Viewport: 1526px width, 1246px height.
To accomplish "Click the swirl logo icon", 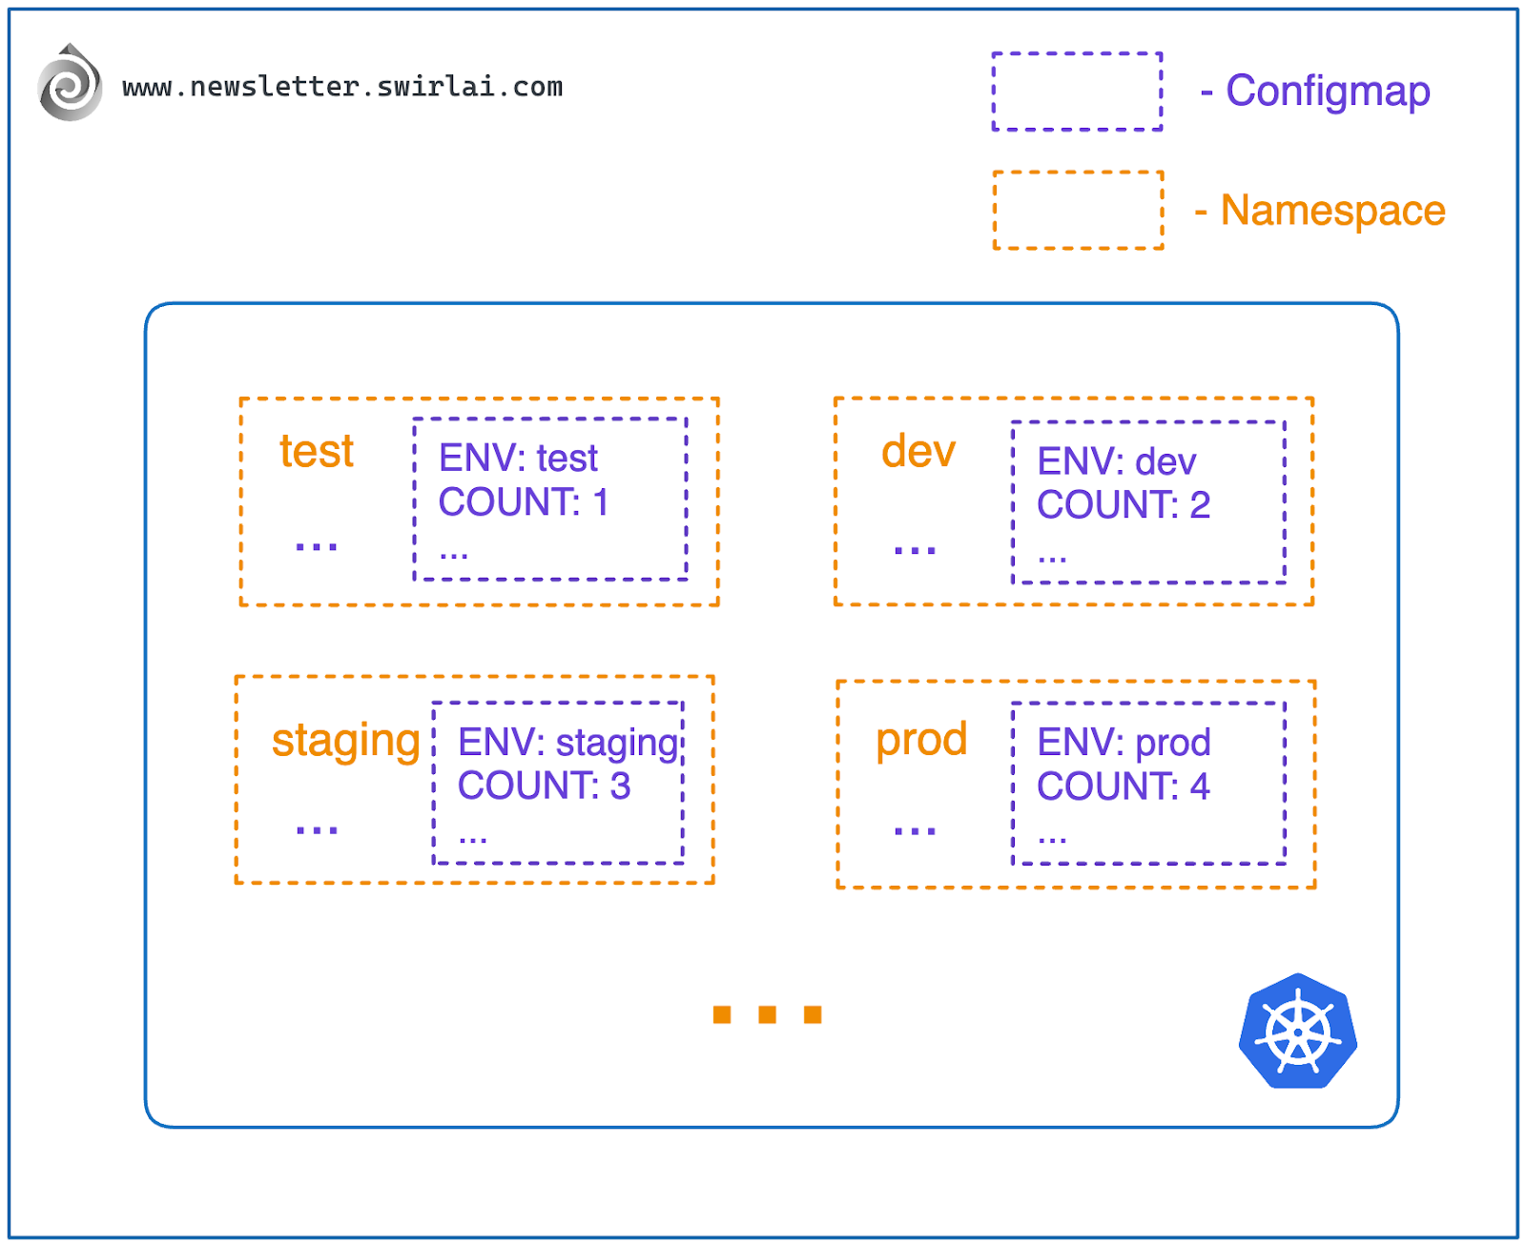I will tap(70, 85).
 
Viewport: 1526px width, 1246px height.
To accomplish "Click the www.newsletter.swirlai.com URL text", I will tap(342, 87).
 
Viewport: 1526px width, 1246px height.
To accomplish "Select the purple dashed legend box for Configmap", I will tap(1077, 92).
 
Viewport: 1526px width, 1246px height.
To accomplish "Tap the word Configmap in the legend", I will tap(1327, 92).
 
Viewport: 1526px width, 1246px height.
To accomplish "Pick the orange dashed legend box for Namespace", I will tap(1078, 211).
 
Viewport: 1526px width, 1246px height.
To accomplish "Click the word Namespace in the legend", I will tap(1332, 211).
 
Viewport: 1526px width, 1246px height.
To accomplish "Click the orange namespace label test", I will tap(316, 452).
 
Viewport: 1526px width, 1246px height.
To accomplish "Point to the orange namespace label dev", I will tap(918, 452).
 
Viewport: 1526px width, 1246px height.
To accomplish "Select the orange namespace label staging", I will tap(345, 741).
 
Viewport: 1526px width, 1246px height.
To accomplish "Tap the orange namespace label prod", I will tap(921, 740).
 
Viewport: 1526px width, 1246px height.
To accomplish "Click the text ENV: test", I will tap(518, 459).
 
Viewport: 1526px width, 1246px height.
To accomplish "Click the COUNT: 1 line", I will tap(523, 502).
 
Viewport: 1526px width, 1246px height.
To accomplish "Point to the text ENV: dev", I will tap(1116, 462).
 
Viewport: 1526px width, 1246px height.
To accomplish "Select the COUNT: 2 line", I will tap(1123, 505).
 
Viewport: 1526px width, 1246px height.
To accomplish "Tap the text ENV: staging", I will tap(568, 743).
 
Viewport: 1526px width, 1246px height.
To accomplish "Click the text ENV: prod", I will tap(1124, 743).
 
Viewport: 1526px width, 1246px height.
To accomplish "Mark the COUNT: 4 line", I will tap(1123, 786).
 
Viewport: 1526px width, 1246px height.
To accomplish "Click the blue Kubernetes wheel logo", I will tap(1297, 1032).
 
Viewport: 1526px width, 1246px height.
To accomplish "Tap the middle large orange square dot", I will tap(767, 1014).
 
